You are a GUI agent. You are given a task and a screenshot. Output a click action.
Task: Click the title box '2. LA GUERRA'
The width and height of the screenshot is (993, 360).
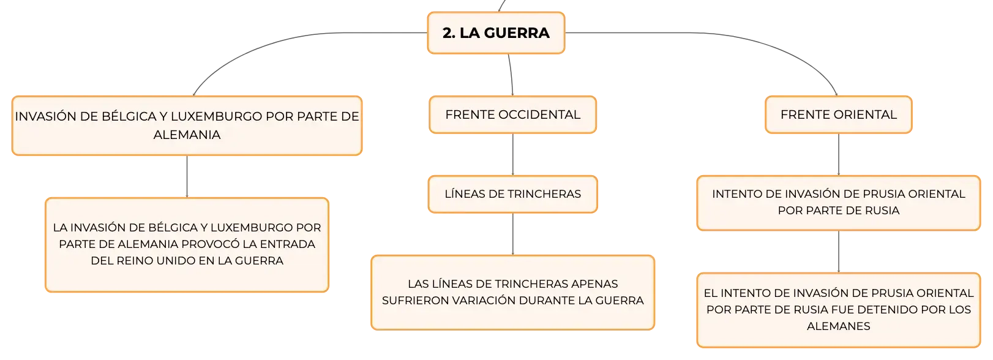coord(496,33)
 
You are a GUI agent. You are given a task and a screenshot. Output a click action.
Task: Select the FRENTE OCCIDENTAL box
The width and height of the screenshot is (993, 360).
coord(513,114)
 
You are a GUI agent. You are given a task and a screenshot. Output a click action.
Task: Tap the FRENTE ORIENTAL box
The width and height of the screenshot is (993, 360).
coord(839,114)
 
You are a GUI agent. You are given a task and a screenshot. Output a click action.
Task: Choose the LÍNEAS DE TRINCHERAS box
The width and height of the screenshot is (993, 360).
coord(513,194)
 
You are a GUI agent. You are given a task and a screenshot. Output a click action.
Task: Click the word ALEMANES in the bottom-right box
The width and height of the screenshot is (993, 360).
coord(839,326)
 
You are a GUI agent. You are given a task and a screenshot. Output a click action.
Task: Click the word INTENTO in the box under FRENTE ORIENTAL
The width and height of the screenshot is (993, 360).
coord(736,194)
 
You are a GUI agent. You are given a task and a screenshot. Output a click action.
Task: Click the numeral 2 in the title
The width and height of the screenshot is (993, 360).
coord(448,33)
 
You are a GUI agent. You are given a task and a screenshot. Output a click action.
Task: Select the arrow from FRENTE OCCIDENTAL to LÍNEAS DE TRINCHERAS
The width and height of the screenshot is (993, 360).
coord(513,155)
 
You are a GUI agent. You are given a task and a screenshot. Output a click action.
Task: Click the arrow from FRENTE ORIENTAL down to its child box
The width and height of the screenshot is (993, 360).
coord(839,155)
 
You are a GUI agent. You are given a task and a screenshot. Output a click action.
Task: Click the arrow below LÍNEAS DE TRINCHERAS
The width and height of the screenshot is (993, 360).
coord(513,234)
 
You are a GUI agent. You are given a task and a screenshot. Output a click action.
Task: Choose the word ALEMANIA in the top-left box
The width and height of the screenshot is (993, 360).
coord(187,135)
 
